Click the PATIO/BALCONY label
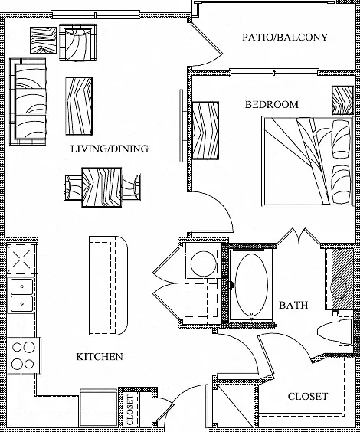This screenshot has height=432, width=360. pyautogui.click(x=285, y=38)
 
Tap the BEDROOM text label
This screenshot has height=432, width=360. pyautogui.click(x=272, y=105)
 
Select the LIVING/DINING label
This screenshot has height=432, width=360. pyautogui.click(x=110, y=149)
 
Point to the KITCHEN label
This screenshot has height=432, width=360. pyautogui.click(x=100, y=357)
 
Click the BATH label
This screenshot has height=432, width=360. pyautogui.click(x=293, y=306)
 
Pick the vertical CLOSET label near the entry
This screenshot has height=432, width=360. pyautogui.click(x=129, y=410)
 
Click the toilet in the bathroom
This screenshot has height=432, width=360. pyautogui.click(x=335, y=331)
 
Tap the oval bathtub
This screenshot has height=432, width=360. pyautogui.click(x=252, y=285)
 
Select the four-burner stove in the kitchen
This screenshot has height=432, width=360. pyautogui.click(x=25, y=355)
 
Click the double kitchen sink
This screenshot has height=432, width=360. pyautogui.click(x=22, y=296)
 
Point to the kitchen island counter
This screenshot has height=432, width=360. pyautogui.click(x=108, y=286)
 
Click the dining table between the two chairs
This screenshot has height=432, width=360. pyautogui.click(x=102, y=188)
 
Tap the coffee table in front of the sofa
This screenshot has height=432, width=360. pyautogui.click(x=79, y=106)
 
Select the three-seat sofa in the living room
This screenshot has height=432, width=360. pyautogui.click(x=28, y=101)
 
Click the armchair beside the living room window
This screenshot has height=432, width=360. pyautogui.click(x=78, y=42)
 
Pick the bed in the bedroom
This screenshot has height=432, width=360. pyautogui.click(x=308, y=162)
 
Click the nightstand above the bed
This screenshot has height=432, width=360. pyautogui.click(x=342, y=100)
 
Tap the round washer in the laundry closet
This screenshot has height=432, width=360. pyautogui.click(x=203, y=263)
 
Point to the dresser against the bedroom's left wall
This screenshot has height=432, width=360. pyautogui.click(x=206, y=131)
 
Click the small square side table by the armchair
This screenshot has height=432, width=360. pyautogui.click(x=44, y=41)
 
